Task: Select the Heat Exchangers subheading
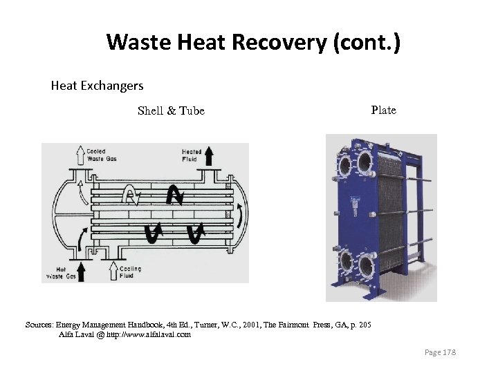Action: pos(97,86)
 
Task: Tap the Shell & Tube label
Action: pos(171,111)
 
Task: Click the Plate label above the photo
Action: pos(383,110)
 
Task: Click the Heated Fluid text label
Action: pos(191,155)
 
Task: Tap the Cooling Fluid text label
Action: pos(130,272)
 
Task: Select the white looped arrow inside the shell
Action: pos(131,195)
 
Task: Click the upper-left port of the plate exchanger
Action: pos(344,166)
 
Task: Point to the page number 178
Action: pos(440,353)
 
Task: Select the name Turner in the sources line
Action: pos(223,325)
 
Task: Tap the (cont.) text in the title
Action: pos(366,43)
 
